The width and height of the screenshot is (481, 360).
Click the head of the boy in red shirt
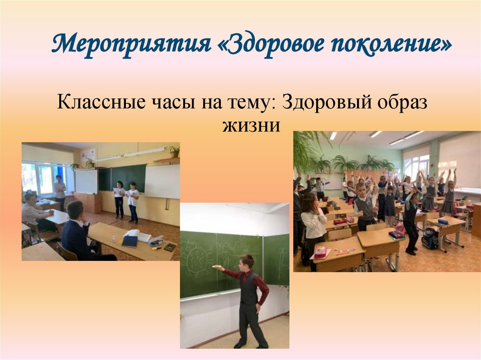coord(247,262)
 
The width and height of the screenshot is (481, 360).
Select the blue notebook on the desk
coord(130,241)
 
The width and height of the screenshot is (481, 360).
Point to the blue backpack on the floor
coord(429,241)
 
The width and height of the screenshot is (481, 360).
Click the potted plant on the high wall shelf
coord(175,151)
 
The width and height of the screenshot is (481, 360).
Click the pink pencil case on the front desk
coord(321,252)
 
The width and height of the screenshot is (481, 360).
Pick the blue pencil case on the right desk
coord(443,222)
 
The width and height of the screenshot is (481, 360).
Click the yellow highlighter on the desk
coord(156,247)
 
